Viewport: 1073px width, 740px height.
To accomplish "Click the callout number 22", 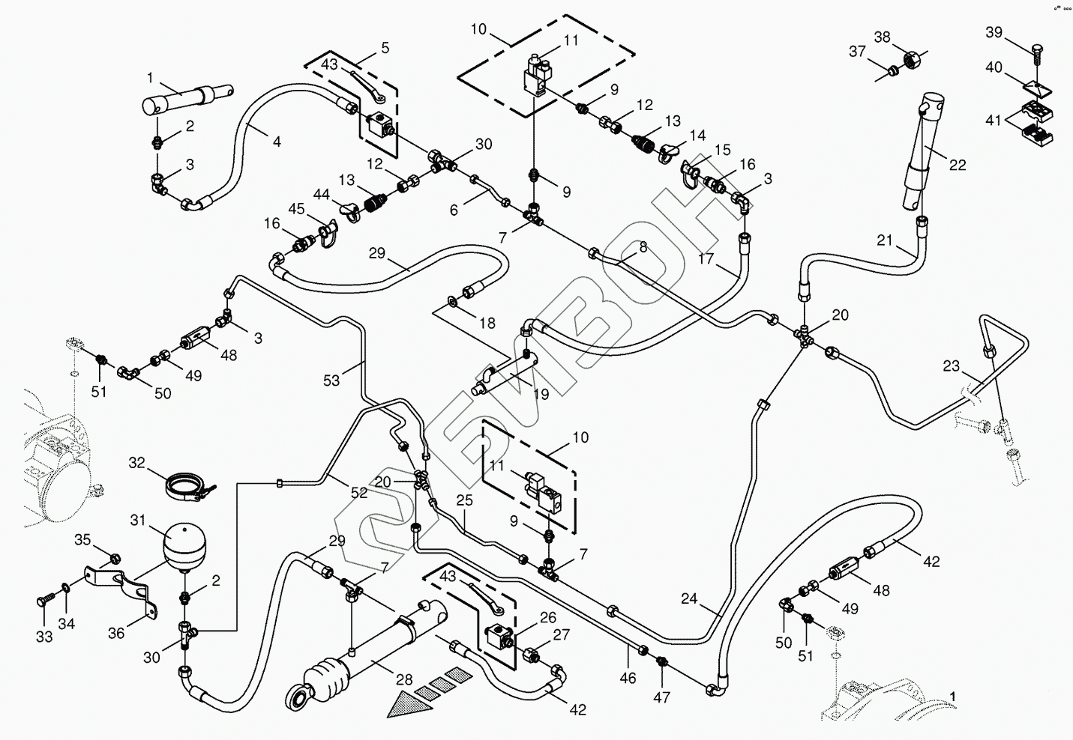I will tap(958, 166).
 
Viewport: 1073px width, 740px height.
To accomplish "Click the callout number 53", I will tap(331, 380).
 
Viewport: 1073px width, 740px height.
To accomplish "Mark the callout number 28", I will tap(404, 679).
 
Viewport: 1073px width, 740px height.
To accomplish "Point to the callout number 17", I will tap(706, 258).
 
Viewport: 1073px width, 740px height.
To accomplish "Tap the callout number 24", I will tap(689, 598).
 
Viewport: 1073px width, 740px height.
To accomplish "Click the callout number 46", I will tap(628, 679).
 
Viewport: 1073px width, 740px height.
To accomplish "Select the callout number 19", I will tap(541, 394).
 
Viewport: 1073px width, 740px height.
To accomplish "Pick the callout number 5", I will tap(385, 48).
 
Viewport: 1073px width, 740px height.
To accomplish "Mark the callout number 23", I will tap(951, 366).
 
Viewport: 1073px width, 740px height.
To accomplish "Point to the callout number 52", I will tap(358, 492).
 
